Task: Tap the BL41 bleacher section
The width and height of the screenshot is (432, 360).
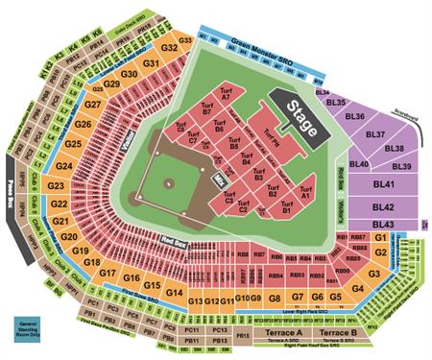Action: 385,183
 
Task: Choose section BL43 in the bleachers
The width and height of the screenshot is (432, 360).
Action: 387,224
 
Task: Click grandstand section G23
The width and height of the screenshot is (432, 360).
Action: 57,184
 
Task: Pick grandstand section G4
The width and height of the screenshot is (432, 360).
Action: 358,287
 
